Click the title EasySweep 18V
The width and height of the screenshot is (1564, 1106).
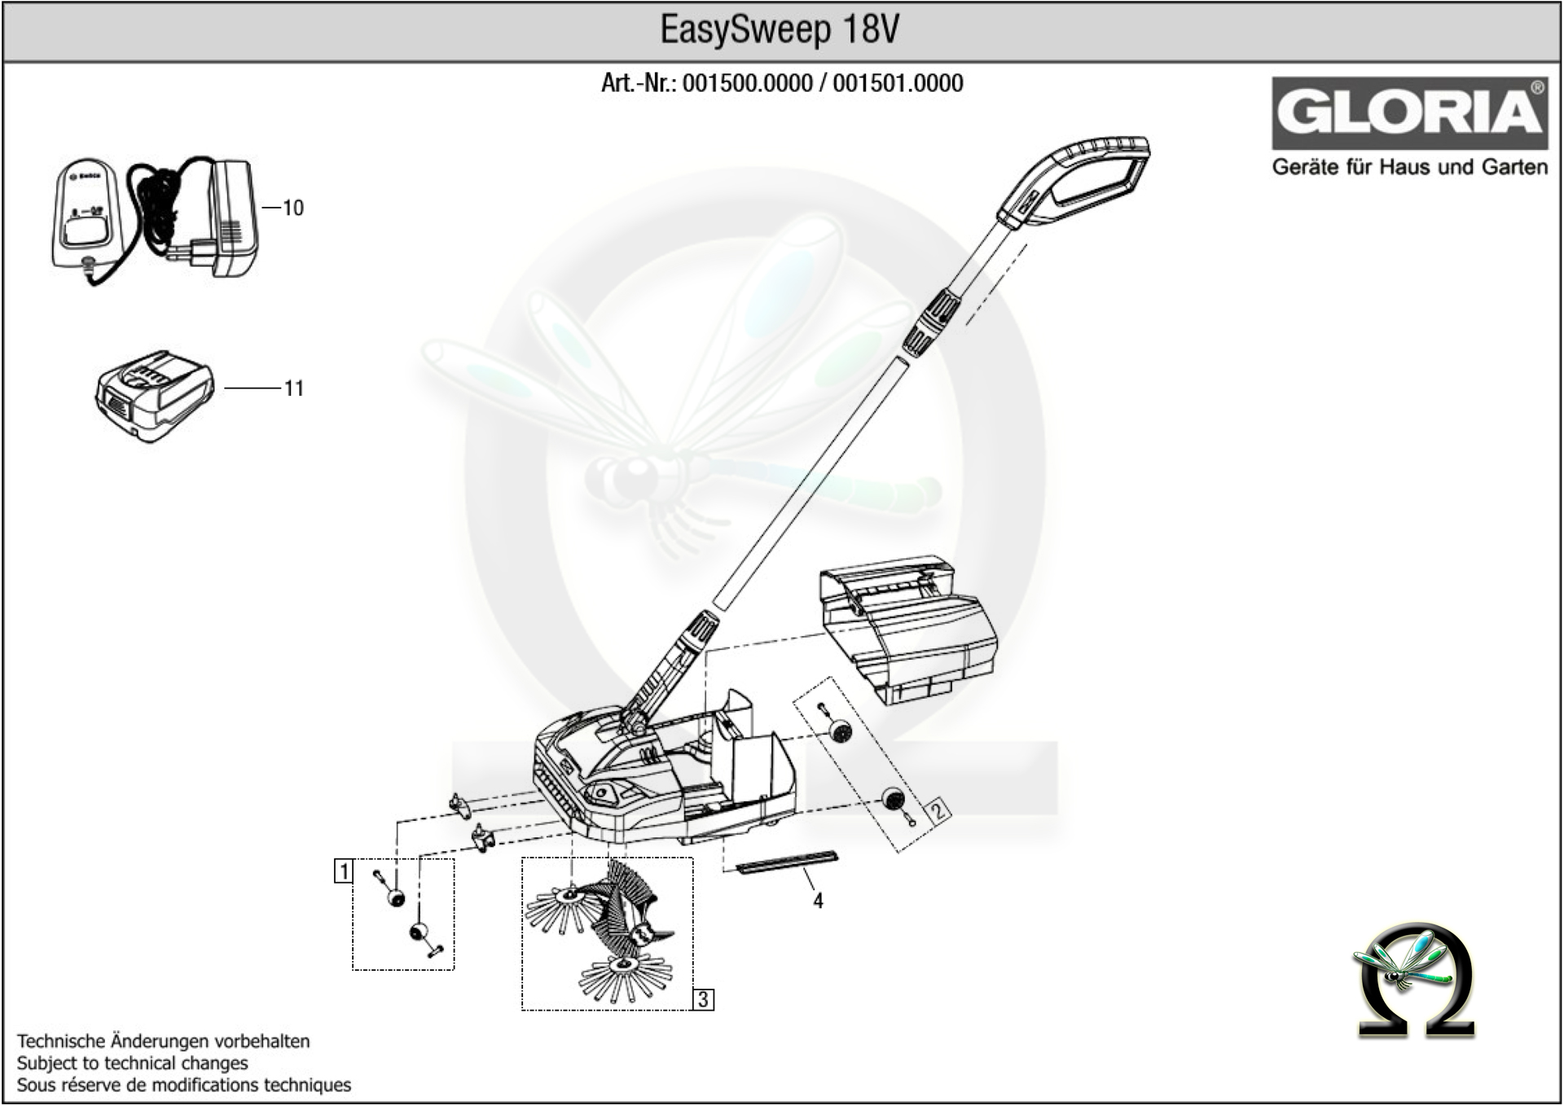coord(780,31)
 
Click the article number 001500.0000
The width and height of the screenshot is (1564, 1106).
coord(747,84)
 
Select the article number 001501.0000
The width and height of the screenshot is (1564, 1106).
coord(898,84)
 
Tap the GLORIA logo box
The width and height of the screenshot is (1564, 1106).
coord(1409,113)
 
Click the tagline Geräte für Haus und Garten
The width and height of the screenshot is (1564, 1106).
coord(1409,168)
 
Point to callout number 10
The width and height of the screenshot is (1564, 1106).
coord(292,208)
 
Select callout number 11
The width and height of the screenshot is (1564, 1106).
coord(293,389)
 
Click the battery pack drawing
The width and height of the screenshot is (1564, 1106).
coord(155,397)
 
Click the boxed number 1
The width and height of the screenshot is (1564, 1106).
coord(344,871)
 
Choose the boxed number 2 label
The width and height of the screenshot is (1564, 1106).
coord(938,810)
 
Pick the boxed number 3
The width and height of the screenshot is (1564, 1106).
coord(704,999)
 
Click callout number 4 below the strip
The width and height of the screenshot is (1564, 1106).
coord(818,901)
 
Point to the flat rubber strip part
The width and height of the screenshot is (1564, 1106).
coord(787,862)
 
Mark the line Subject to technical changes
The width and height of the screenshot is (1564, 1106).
coord(132,1063)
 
